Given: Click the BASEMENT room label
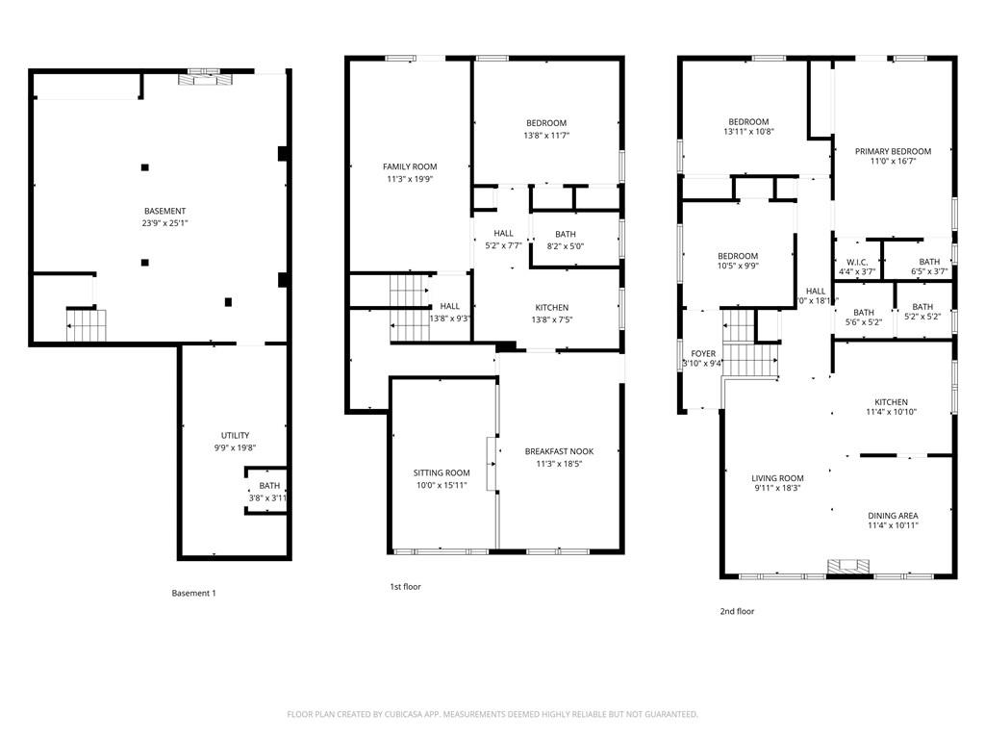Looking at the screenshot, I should click(164, 211).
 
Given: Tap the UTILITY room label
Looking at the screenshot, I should click(235, 436).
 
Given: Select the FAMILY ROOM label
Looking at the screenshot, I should click(410, 167).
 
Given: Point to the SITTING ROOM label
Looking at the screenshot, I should click(442, 472).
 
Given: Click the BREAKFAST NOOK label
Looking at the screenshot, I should click(559, 451).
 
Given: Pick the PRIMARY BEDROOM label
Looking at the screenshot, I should click(893, 151).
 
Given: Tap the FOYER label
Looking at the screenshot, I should click(703, 353).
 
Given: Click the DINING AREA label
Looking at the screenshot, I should click(893, 515).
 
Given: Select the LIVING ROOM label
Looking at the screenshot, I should click(777, 478).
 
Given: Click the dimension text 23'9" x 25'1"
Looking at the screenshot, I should click(164, 223).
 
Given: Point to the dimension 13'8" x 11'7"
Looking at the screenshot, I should click(546, 136).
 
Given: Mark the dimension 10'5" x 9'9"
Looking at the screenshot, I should click(738, 267).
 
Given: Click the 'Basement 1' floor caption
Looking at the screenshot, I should click(193, 593).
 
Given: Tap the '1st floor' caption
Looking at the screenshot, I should click(405, 586).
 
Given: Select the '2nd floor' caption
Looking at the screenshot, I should click(737, 611).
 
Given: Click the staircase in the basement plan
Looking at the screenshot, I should click(84, 324).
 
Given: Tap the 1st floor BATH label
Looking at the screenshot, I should click(566, 234).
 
